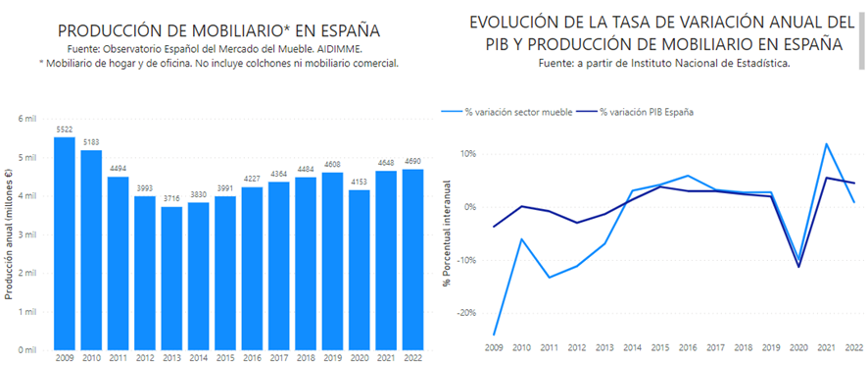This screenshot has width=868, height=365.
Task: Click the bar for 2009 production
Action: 65,243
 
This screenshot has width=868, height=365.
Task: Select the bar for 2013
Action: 172,279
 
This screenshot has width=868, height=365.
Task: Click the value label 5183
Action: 91,143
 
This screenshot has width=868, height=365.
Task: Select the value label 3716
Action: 172,200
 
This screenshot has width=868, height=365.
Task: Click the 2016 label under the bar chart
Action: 253,358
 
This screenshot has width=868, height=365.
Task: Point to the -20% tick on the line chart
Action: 465,313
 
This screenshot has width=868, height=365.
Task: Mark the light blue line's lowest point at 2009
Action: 493,335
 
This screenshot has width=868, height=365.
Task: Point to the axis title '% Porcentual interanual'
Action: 446,233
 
